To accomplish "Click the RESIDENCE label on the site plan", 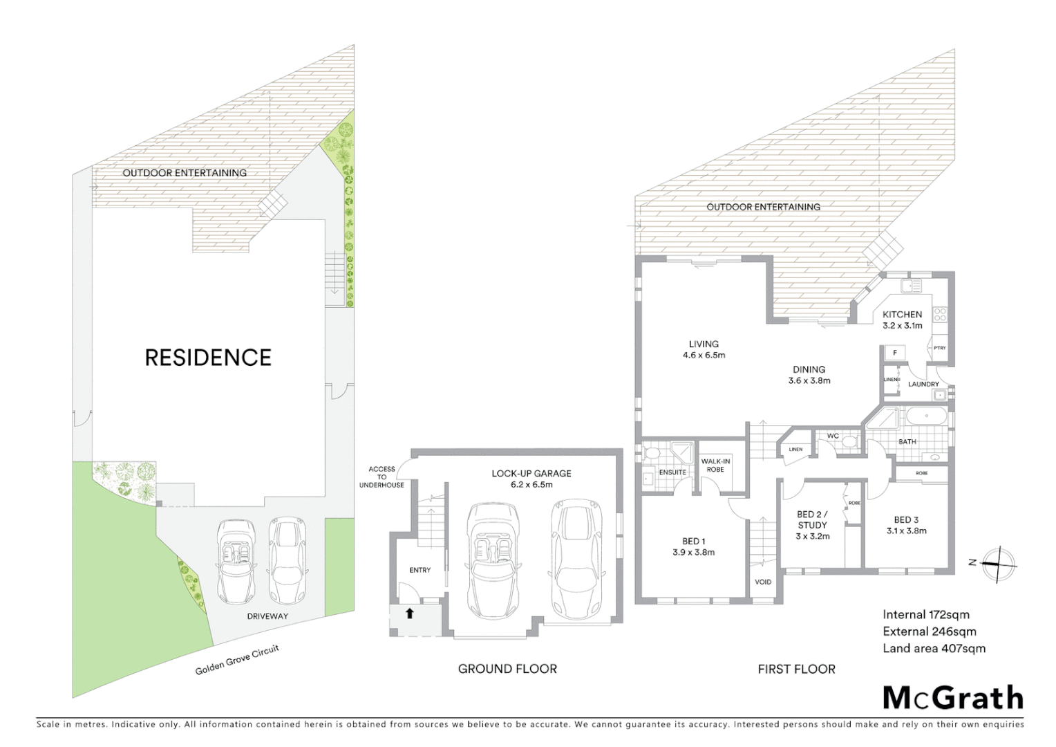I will pyautogui.click(x=208, y=358).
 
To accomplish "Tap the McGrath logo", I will pyautogui.click(x=953, y=698).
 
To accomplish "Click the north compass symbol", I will pyautogui.click(x=998, y=564).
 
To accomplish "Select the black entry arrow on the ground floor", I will pyautogui.click(x=409, y=613).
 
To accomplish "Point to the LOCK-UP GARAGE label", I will pyautogui.click(x=531, y=474).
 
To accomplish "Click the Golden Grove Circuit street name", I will pyautogui.click(x=237, y=661).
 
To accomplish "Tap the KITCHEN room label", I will pyautogui.click(x=902, y=314).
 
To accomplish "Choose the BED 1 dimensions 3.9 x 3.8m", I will pyautogui.click(x=693, y=552).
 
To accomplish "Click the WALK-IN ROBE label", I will pyautogui.click(x=715, y=465).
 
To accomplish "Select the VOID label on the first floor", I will pyautogui.click(x=763, y=582).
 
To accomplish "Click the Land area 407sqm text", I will pyautogui.click(x=934, y=648).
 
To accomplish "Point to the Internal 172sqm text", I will pyautogui.click(x=925, y=614).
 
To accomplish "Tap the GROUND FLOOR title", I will pyautogui.click(x=507, y=669).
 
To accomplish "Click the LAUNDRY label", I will pyautogui.click(x=923, y=384).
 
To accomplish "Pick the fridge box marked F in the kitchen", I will pyautogui.click(x=895, y=353).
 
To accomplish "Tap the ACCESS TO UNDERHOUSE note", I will pyautogui.click(x=381, y=477).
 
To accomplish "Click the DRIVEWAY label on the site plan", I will pyautogui.click(x=267, y=616).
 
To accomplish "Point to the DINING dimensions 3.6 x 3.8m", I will pyautogui.click(x=809, y=380).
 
